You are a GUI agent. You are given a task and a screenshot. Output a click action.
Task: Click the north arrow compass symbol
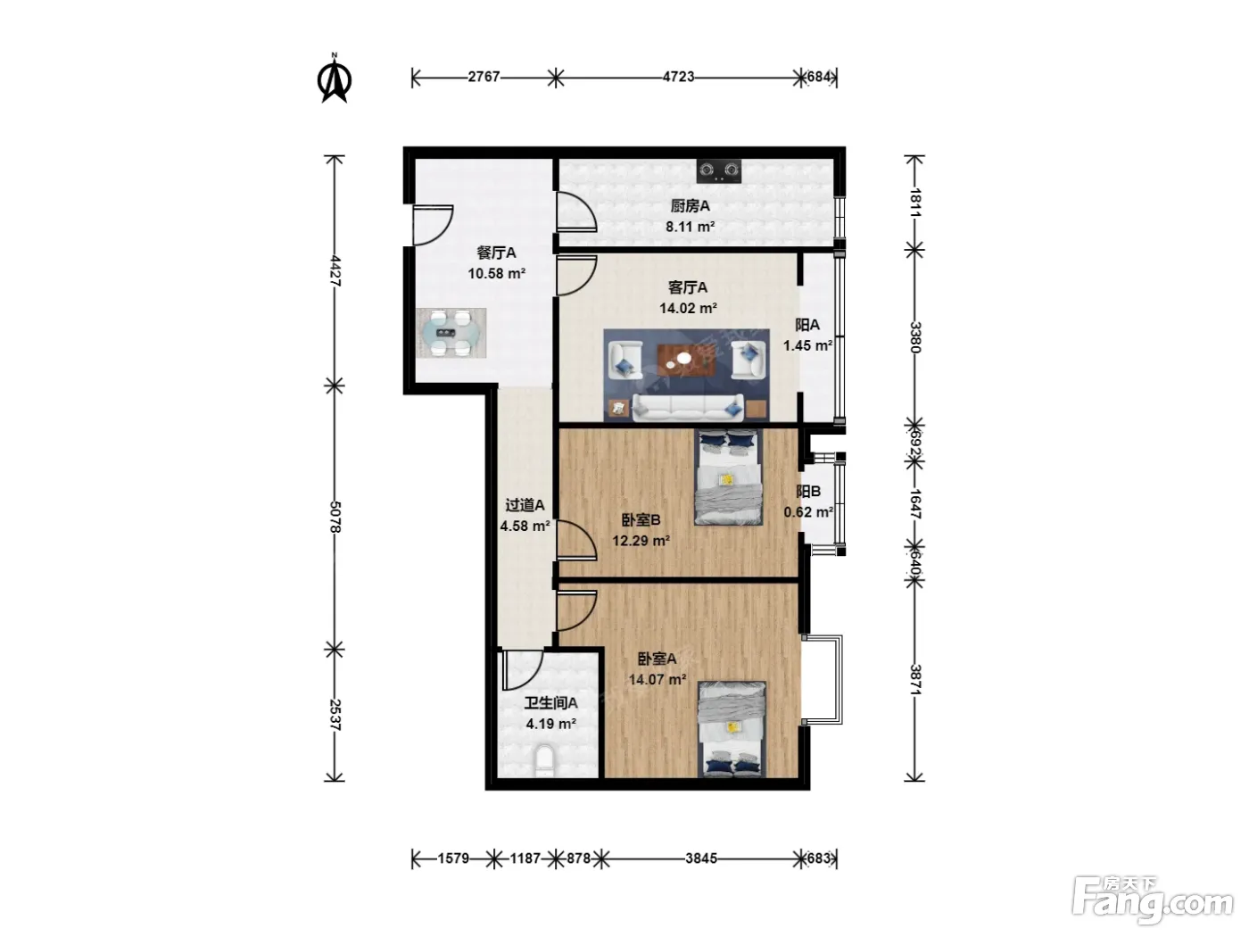click(334, 79)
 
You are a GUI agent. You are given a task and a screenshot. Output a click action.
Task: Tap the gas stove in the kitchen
click(719, 170)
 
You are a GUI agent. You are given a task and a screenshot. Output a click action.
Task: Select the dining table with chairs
click(451, 333)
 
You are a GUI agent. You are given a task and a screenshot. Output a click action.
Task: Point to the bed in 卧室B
click(728, 477)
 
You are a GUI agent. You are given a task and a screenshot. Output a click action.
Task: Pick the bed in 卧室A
click(732, 729)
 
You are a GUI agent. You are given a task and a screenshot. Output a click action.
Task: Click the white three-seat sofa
click(688, 407)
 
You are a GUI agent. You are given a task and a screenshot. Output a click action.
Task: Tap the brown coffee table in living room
click(687, 361)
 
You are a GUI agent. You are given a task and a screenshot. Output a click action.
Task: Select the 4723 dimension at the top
click(678, 77)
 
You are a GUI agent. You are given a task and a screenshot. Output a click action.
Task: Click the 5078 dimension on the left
click(335, 518)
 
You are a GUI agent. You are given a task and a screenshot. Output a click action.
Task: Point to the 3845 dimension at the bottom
click(701, 858)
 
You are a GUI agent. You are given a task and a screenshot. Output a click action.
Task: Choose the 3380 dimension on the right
click(914, 337)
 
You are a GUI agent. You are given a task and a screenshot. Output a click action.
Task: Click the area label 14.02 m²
click(688, 309)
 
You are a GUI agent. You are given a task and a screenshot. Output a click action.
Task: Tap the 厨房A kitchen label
click(690, 206)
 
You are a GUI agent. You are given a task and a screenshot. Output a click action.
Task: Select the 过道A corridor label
click(525, 505)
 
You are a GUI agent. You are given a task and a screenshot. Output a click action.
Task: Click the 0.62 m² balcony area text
click(808, 512)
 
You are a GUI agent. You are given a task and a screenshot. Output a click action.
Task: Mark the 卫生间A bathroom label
click(550, 703)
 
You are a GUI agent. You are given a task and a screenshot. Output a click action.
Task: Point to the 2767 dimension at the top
click(484, 77)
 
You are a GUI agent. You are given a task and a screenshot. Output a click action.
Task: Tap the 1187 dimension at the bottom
click(525, 858)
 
